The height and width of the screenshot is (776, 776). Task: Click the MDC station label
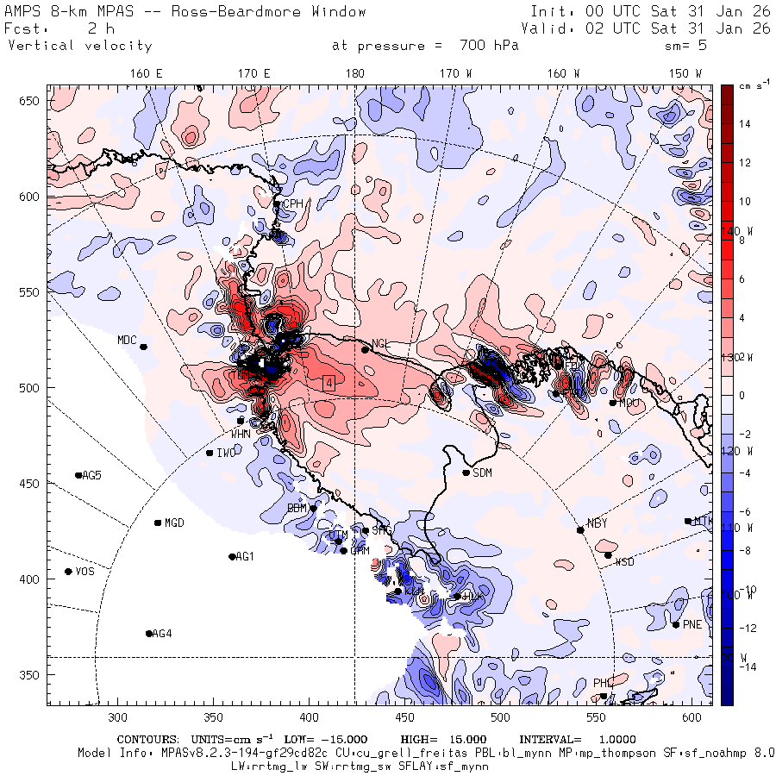coord(127,340)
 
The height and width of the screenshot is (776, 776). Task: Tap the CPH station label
coord(295,203)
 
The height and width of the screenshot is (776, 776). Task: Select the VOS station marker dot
coord(68,572)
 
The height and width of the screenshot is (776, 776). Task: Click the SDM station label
coord(483,472)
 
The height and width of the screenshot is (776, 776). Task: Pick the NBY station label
coord(597,523)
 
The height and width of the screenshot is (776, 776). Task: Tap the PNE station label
coord(692,624)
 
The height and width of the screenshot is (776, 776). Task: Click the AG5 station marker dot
coord(78,475)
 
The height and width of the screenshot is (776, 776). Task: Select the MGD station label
coord(174,523)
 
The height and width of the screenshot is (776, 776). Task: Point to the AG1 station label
coord(245,556)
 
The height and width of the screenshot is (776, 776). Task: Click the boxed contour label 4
coord(329,382)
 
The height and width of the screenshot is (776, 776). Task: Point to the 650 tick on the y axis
coord(32,102)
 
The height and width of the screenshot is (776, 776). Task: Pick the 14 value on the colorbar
coord(743,124)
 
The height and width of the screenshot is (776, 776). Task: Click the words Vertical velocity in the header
coord(79,46)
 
